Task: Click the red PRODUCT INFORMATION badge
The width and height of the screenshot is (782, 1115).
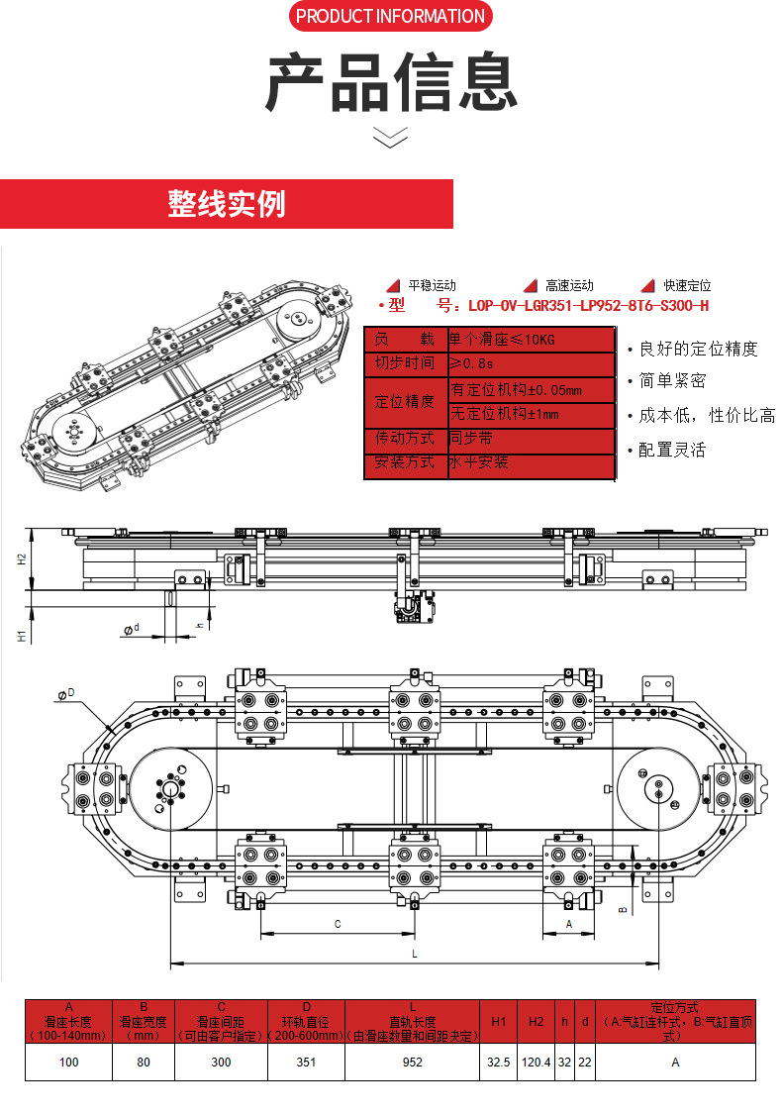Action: (391, 17)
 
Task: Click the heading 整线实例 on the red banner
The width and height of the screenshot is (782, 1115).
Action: (227, 204)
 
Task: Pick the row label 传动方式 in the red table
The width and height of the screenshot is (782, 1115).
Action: (404, 438)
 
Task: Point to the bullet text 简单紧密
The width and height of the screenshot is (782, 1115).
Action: (672, 381)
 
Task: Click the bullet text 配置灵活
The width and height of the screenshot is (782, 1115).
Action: (672, 450)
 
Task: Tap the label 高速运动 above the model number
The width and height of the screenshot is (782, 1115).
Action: (568, 285)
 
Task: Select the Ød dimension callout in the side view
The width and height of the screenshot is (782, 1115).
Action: (131, 628)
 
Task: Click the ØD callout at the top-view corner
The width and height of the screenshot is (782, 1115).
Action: (67, 695)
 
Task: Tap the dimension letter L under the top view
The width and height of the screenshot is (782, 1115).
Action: (414, 953)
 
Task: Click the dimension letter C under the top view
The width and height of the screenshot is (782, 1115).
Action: (337, 923)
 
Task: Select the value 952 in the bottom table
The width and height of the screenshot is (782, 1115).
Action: (413, 1062)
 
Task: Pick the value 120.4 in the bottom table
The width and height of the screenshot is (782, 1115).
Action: (536, 1062)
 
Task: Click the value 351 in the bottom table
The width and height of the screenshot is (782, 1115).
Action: (306, 1062)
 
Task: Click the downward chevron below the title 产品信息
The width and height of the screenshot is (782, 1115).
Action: (390, 138)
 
